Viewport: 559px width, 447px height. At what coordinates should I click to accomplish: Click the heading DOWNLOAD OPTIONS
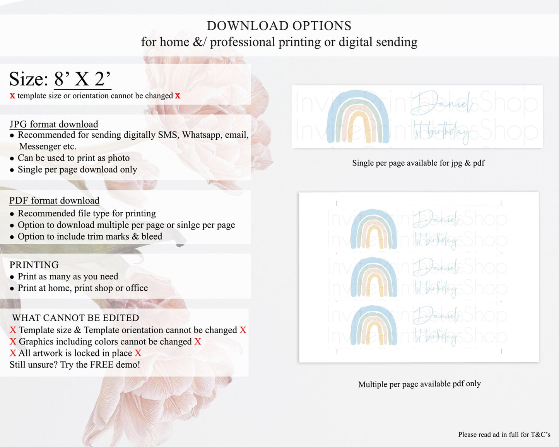point(279,26)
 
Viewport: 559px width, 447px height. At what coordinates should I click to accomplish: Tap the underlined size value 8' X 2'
point(82,79)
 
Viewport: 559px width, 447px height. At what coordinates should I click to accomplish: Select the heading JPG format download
point(54,124)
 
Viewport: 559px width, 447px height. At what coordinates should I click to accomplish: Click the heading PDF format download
point(54,200)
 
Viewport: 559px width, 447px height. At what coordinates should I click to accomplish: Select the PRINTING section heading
point(34,265)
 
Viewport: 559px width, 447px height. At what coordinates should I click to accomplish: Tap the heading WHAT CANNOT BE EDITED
point(75,318)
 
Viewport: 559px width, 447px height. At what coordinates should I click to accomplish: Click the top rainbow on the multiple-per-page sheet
point(374,229)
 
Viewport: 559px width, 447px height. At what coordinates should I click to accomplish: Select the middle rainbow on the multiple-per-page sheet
point(374,277)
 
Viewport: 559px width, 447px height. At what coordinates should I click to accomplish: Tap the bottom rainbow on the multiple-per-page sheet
point(374,325)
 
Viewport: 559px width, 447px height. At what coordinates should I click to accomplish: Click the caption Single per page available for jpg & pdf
point(418,163)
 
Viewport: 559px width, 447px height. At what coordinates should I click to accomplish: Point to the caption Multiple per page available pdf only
point(419,384)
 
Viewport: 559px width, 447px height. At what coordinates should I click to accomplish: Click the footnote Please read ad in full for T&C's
point(504,435)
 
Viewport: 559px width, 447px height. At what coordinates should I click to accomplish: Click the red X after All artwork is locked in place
point(138,353)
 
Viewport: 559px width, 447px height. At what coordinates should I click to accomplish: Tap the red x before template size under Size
point(12,96)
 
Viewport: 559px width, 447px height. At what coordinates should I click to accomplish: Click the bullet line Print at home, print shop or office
point(83,288)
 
